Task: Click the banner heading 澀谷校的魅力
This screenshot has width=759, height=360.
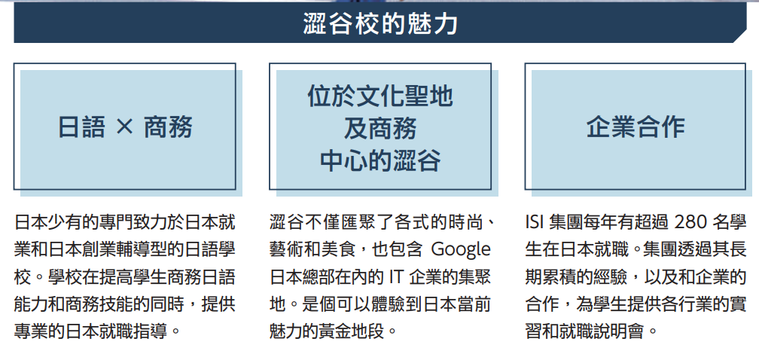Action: (x=380, y=23)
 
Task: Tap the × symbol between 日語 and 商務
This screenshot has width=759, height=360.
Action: (x=124, y=127)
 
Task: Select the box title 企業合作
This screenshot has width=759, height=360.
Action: (x=636, y=127)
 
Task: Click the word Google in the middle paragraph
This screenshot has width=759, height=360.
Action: (x=460, y=250)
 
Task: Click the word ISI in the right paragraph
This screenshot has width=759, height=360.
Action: (x=535, y=222)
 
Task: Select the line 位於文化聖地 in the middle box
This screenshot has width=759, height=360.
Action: (x=380, y=96)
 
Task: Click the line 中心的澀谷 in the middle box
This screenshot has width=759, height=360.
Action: (x=380, y=160)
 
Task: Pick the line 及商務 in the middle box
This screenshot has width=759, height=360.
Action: (x=380, y=128)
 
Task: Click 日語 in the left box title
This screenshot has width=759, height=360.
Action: (x=81, y=127)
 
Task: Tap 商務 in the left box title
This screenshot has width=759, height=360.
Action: (x=169, y=127)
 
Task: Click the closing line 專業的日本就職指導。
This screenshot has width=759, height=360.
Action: (x=98, y=331)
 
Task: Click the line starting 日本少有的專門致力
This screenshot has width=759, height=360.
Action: (x=125, y=222)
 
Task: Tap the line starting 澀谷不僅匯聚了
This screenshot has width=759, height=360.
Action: (x=383, y=222)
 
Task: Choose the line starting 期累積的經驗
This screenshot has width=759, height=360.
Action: (x=636, y=277)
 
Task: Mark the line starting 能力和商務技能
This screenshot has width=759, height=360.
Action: (x=125, y=304)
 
